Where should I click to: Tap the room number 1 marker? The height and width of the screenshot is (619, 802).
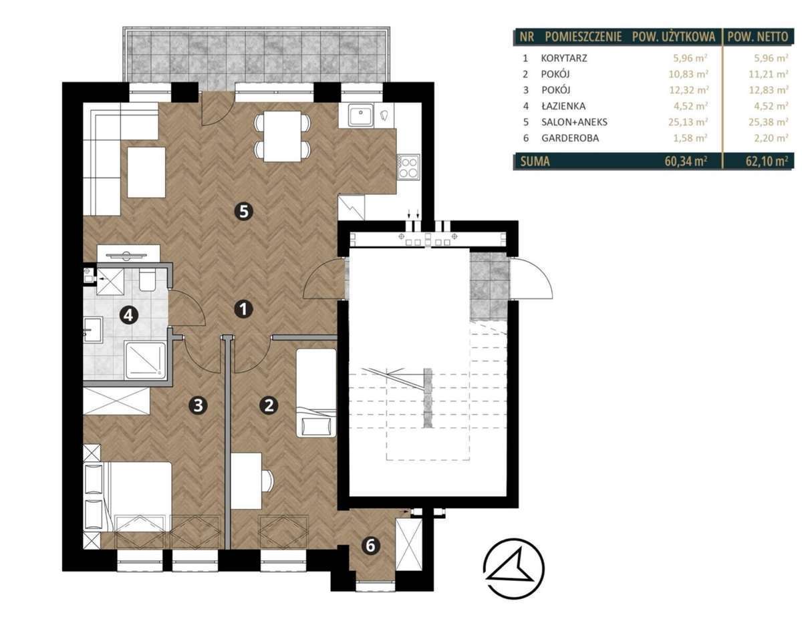point(243,309)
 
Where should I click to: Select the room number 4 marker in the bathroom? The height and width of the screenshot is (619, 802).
point(129,315)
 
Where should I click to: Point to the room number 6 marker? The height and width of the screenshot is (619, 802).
point(370,546)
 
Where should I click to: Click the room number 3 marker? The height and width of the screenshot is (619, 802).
point(198,405)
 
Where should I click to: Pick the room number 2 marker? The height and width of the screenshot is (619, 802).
point(269,405)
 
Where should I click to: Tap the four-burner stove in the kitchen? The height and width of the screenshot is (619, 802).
point(408,167)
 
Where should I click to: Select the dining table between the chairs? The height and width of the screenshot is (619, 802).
point(283,137)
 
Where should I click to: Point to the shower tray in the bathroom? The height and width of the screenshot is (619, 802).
point(146,360)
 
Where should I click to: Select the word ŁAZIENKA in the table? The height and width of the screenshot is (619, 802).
point(563,106)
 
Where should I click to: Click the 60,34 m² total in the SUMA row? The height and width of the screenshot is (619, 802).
point(686,161)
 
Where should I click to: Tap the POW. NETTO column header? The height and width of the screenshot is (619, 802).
point(758,37)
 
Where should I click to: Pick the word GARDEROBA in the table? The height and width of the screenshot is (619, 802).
point(570,138)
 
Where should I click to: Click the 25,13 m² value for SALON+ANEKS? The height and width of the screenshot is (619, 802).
point(688,122)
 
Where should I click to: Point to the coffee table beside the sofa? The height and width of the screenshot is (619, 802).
point(146,172)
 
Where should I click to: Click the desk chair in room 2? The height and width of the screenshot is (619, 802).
point(268,481)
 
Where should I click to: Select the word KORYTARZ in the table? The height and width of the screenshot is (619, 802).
point(564,58)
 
